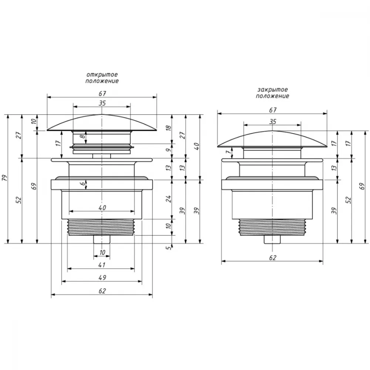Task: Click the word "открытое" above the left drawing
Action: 102,75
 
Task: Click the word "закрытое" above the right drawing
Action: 273,90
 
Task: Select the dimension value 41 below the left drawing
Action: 102,265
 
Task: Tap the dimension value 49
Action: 102,277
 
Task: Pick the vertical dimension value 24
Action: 168,199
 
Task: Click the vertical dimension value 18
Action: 168,128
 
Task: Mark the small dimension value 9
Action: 168,150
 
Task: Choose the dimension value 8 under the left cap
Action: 83,136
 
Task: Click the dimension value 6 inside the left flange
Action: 83,184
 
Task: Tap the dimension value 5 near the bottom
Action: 168,248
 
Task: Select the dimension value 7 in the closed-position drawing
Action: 228,152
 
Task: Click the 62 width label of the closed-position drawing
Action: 273,258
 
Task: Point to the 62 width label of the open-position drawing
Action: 102,291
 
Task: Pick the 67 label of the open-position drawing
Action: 102,94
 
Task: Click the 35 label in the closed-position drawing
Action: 273,122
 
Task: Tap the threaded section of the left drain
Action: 101,227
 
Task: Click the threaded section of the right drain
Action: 272,227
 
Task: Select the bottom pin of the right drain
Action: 272,239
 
